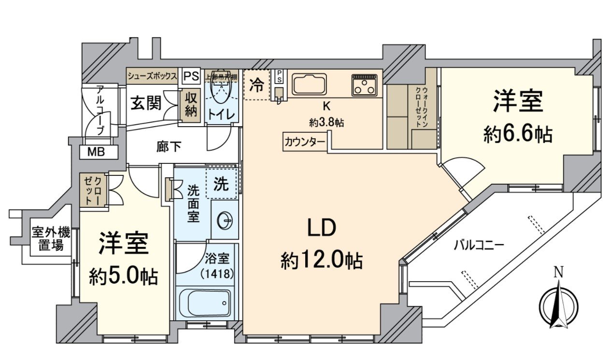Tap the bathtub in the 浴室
pos(206,302)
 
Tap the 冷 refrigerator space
pos(256,86)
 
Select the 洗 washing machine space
pos(221,184)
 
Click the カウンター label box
pos(305,142)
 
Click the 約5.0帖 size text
pos(123,276)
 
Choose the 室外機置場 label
pos(51,239)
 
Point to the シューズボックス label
pos(153,76)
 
